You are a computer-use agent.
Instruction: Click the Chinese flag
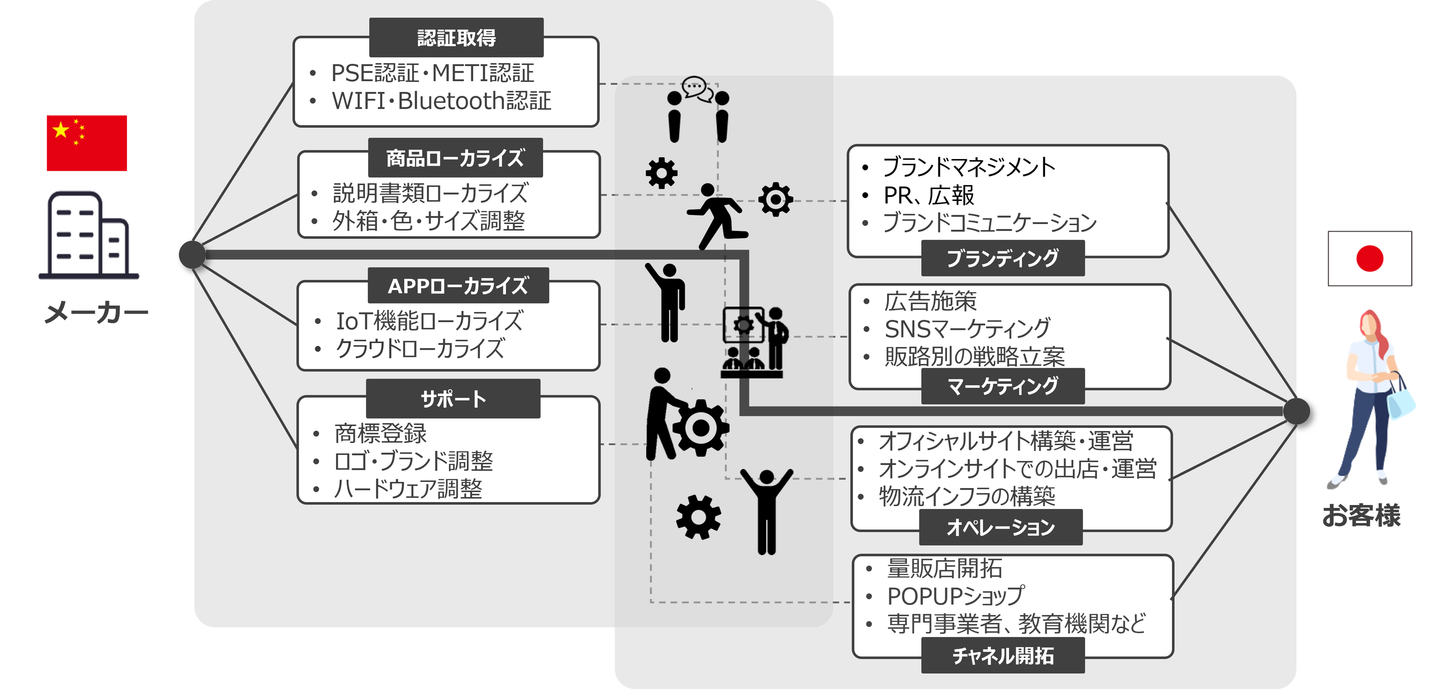[x=87, y=143]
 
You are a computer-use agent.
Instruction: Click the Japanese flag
[x=1369, y=259]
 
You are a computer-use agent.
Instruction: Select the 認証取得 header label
[x=456, y=38]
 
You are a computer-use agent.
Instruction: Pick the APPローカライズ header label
[x=458, y=286]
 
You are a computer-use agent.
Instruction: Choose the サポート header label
[x=453, y=399]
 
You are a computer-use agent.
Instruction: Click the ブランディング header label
[x=1002, y=259]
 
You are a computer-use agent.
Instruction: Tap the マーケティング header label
[x=1002, y=386]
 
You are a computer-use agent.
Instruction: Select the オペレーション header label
[x=1001, y=527]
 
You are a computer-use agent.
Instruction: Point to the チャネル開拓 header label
[x=1003, y=656]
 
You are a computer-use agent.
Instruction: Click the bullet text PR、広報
[x=928, y=195]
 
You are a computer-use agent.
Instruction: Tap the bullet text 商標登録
[x=380, y=433]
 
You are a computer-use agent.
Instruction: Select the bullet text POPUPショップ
[x=955, y=596]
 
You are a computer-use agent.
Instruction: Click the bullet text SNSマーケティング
[x=967, y=329]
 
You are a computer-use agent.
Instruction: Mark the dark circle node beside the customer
[x=1297, y=411]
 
